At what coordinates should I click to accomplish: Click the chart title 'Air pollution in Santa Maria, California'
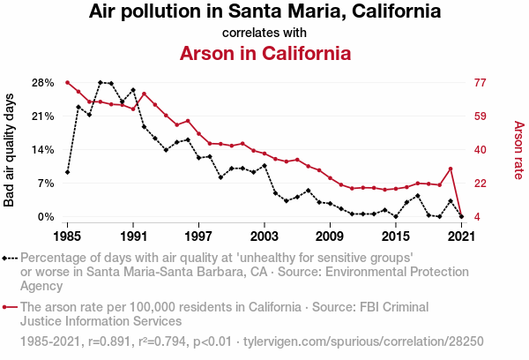264,12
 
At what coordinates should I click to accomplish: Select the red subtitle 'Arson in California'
264,53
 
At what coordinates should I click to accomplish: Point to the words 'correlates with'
264,33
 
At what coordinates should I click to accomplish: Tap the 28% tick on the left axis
42,83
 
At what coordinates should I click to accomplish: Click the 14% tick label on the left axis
42,150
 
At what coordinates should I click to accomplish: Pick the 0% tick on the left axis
46,217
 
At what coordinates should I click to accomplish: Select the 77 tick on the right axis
481,83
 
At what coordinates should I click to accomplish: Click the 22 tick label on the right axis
481,184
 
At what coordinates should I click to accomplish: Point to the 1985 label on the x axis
68,236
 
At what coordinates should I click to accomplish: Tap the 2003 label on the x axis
264,236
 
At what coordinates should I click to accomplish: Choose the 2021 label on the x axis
461,236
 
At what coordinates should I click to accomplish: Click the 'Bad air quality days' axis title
10,150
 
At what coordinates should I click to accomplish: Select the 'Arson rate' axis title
518,150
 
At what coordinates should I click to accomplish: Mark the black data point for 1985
68,172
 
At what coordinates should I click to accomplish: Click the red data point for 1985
68,82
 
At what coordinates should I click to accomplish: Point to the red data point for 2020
451,169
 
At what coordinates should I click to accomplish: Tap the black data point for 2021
461,216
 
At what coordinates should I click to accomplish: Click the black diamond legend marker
7,259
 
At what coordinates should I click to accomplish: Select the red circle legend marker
7,308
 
